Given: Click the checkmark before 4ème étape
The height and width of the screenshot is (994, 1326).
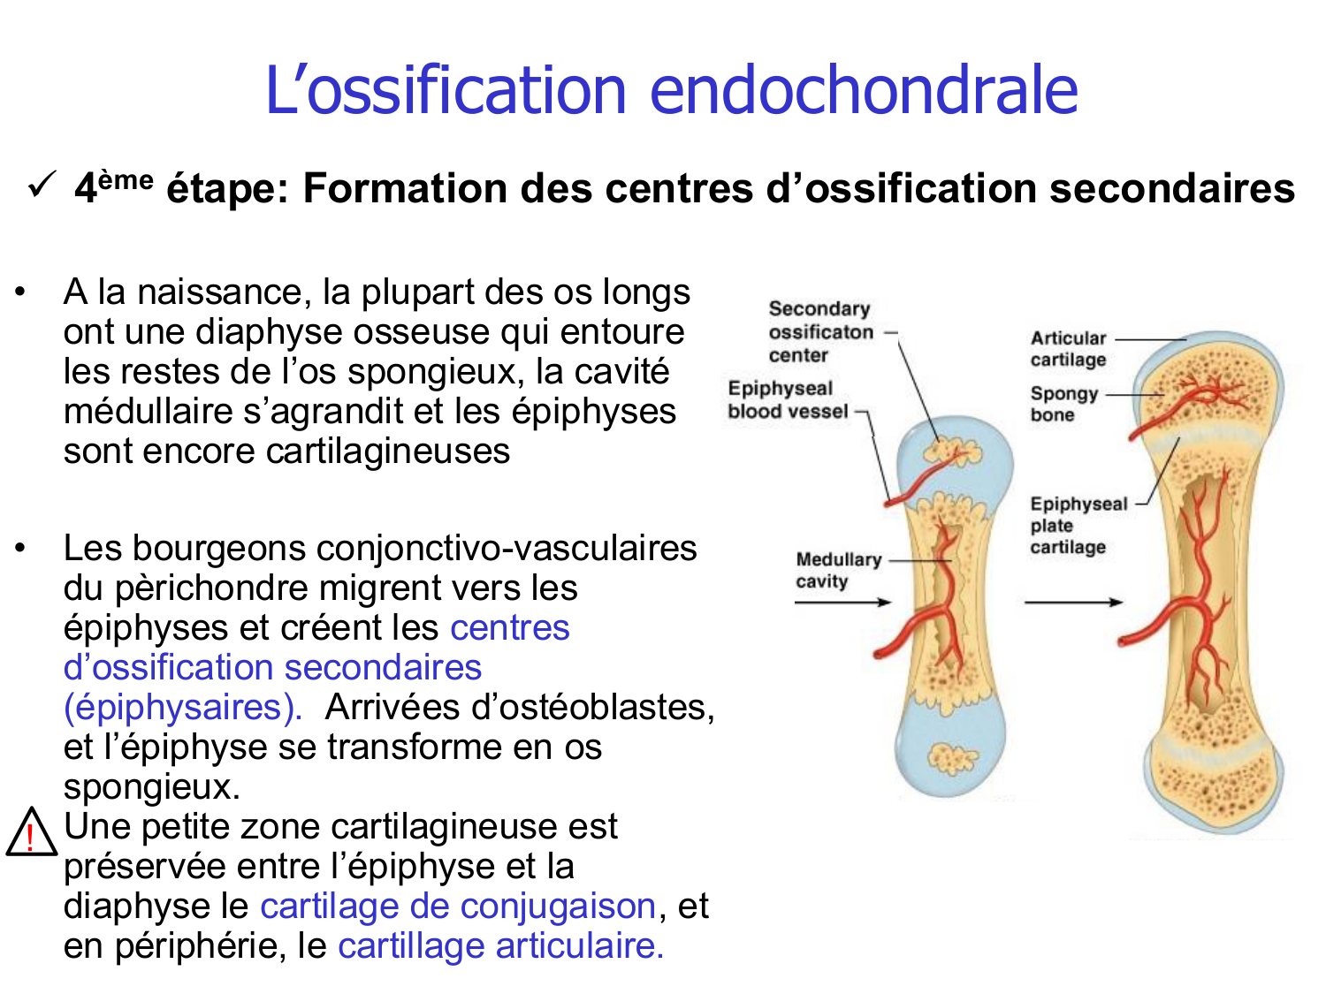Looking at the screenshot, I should click(42, 186).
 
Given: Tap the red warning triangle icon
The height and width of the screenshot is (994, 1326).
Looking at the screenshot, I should click(31, 834).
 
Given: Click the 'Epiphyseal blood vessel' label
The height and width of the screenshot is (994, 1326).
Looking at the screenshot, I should click(787, 400).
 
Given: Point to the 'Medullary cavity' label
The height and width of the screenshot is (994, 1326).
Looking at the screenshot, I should click(837, 570).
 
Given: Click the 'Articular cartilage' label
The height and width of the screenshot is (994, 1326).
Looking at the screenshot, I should click(1068, 349).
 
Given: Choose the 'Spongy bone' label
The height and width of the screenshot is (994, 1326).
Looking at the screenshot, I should click(1063, 404).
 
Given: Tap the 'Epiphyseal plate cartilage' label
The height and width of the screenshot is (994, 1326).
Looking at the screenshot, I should click(1077, 526).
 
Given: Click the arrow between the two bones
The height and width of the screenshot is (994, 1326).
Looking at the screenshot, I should click(1072, 603).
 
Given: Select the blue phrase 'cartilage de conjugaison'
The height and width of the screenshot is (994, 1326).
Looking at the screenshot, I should click(458, 907).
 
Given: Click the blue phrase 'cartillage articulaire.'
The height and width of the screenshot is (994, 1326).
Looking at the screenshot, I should click(500, 946).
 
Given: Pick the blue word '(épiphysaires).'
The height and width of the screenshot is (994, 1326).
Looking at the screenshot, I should click(183, 708).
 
